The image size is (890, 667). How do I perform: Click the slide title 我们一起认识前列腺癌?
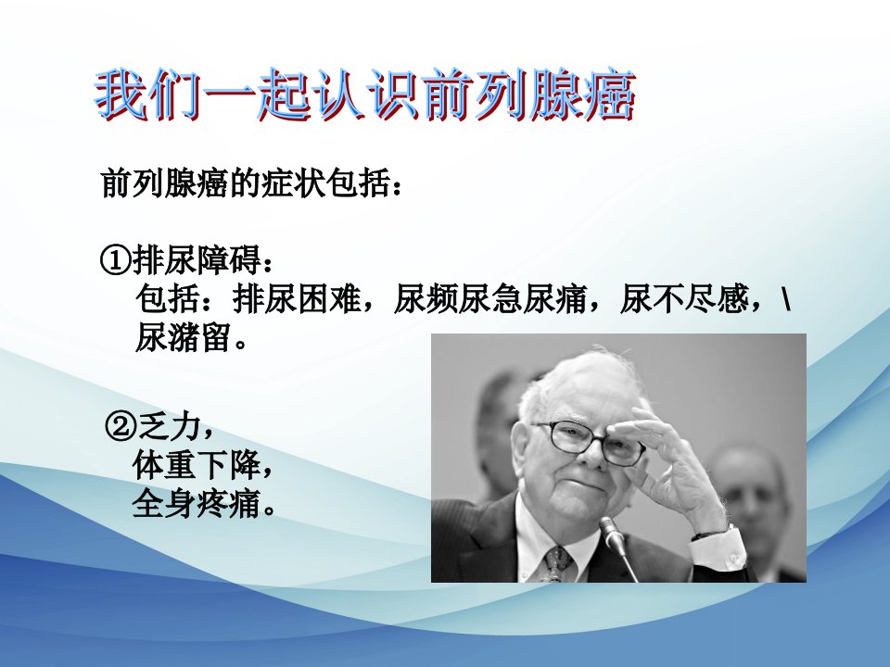point(365,94)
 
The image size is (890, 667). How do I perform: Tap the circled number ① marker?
point(115,261)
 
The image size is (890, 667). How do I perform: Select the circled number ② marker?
point(121,427)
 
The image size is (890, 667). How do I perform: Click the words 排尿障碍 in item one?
point(197,260)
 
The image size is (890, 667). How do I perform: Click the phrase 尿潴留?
point(183,338)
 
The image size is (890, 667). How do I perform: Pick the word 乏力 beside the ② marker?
point(169,426)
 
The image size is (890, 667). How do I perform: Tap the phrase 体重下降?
point(197,465)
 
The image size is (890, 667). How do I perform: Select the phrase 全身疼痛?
point(197,504)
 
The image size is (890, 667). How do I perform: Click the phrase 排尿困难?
point(298,298)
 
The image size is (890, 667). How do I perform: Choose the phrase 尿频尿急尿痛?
point(490,298)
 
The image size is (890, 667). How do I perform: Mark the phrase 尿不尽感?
point(684,298)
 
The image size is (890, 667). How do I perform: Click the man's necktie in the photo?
point(558,564)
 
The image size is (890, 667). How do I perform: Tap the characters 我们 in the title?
point(148,94)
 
